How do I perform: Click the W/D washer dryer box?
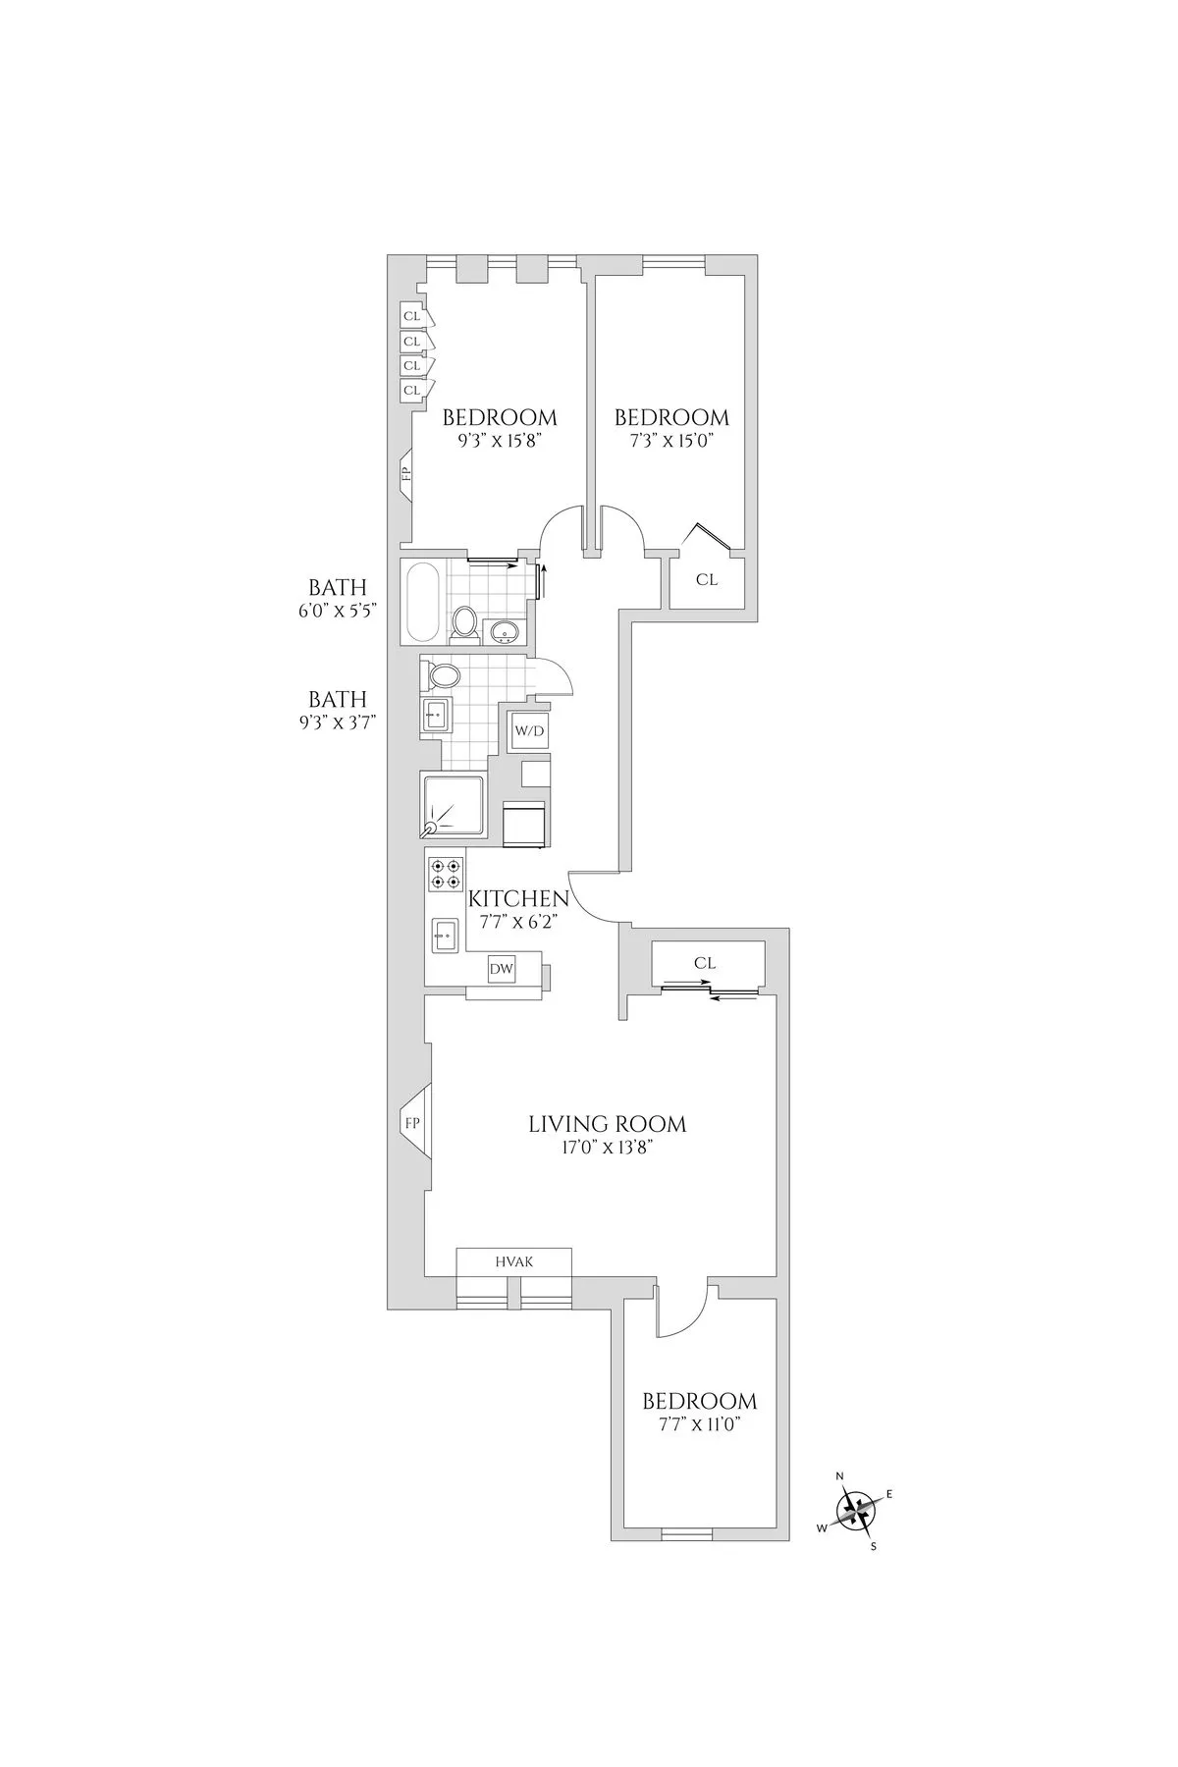tap(522, 730)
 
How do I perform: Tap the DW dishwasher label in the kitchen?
tap(502, 969)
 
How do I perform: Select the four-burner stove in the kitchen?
tap(445, 874)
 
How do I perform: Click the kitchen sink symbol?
tap(444, 935)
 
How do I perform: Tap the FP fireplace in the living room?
tap(412, 1122)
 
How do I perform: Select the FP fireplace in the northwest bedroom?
tap(405, 473)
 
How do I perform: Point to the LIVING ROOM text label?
tap(607, 1124)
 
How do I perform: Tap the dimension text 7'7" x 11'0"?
tap(699, 1425)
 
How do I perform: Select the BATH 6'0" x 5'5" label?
tap(338, 597)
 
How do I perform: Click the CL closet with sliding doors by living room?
tap(705, 964)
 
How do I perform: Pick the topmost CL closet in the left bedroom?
tap(411, 316)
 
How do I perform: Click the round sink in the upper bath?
tap(505, 631)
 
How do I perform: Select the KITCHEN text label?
tap(518, 898)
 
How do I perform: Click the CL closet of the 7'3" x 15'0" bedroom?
tap(707, 580)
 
